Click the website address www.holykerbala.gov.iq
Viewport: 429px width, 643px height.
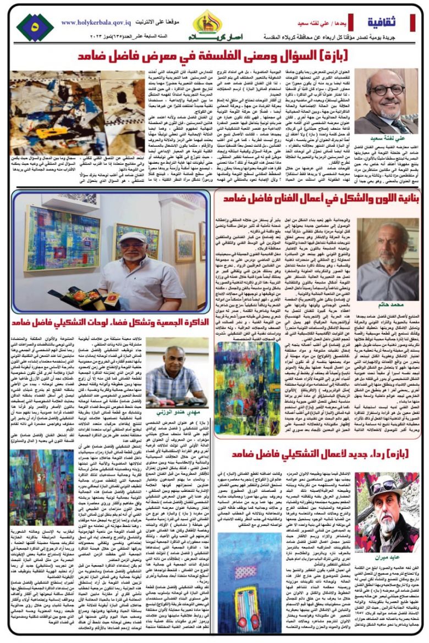click(94, 23)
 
